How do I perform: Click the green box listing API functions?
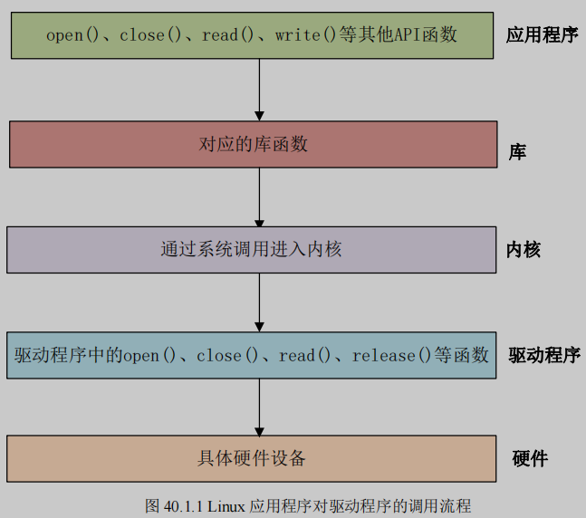click(252, 35)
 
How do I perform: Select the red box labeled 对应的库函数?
click(253, 144)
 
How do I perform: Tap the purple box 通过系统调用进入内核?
click(251, 249)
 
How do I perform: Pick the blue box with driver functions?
click(251, 355)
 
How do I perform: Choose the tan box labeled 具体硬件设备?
click(251, 458)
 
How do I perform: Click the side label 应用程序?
click(541, 36)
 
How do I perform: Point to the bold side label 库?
click(517, 153)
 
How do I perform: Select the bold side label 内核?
click(524, 250)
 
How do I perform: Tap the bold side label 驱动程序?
click(543, 355)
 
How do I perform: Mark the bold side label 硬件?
click(530, 458)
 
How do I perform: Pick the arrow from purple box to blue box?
click(259, 302)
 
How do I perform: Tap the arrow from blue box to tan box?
click(259, 407)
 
